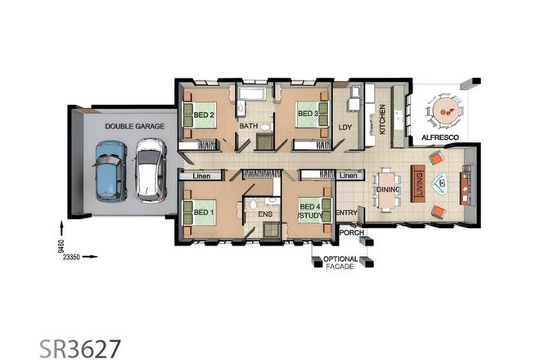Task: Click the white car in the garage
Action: tap(150, 169)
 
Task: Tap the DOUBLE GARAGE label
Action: tap(135, 127)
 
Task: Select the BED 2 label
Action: tap(205, 115)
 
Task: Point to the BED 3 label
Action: tap(307, 114)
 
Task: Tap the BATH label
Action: tap(249, 126)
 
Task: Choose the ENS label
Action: tap(264, 214)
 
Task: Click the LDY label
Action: tap(346, 127)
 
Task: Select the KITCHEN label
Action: tap(381, 121)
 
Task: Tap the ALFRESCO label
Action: tap(440, 138)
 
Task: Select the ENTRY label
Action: tap(347, 214)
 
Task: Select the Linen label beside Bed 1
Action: tap(202, 176)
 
